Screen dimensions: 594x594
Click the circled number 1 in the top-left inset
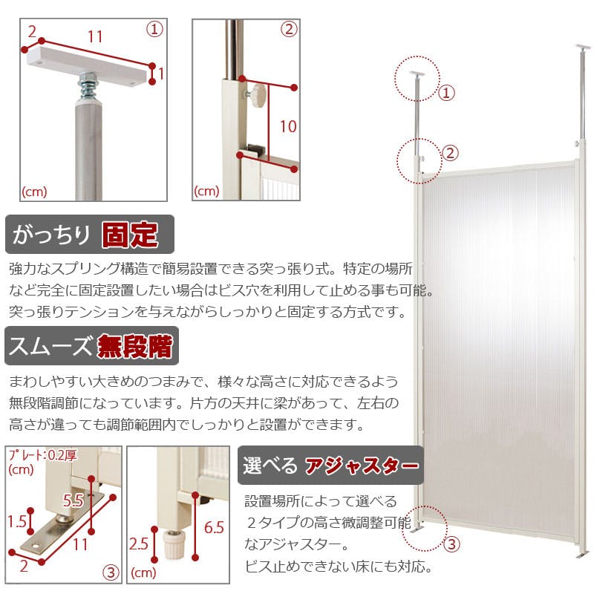pos(154,30)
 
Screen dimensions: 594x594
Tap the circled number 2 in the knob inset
pos(289,29)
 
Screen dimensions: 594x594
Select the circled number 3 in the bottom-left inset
pos(111,572)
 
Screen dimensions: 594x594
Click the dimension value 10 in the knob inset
pos(288,126)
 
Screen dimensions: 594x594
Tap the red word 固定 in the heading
pos(130,235)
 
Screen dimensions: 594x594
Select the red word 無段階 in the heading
pos(135,346)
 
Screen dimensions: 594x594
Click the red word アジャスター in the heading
pos(362,466)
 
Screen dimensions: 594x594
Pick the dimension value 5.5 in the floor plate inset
pos(73,500)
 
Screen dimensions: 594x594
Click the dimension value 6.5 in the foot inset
pos(214,527)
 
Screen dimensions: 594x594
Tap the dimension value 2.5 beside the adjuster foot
pos(138,544)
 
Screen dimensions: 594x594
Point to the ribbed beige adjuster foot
pos(174,544)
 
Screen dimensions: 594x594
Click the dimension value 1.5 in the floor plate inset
pos(17,522)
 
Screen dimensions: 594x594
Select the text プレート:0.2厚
pos(43,455)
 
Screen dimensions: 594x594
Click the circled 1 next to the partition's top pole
pos(446,93)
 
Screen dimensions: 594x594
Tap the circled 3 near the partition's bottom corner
pos(451,544)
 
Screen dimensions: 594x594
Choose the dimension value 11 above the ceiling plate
pos(95,37)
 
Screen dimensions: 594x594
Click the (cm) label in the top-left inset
pos(34,192)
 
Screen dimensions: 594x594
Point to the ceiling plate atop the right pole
pos(582,48)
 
